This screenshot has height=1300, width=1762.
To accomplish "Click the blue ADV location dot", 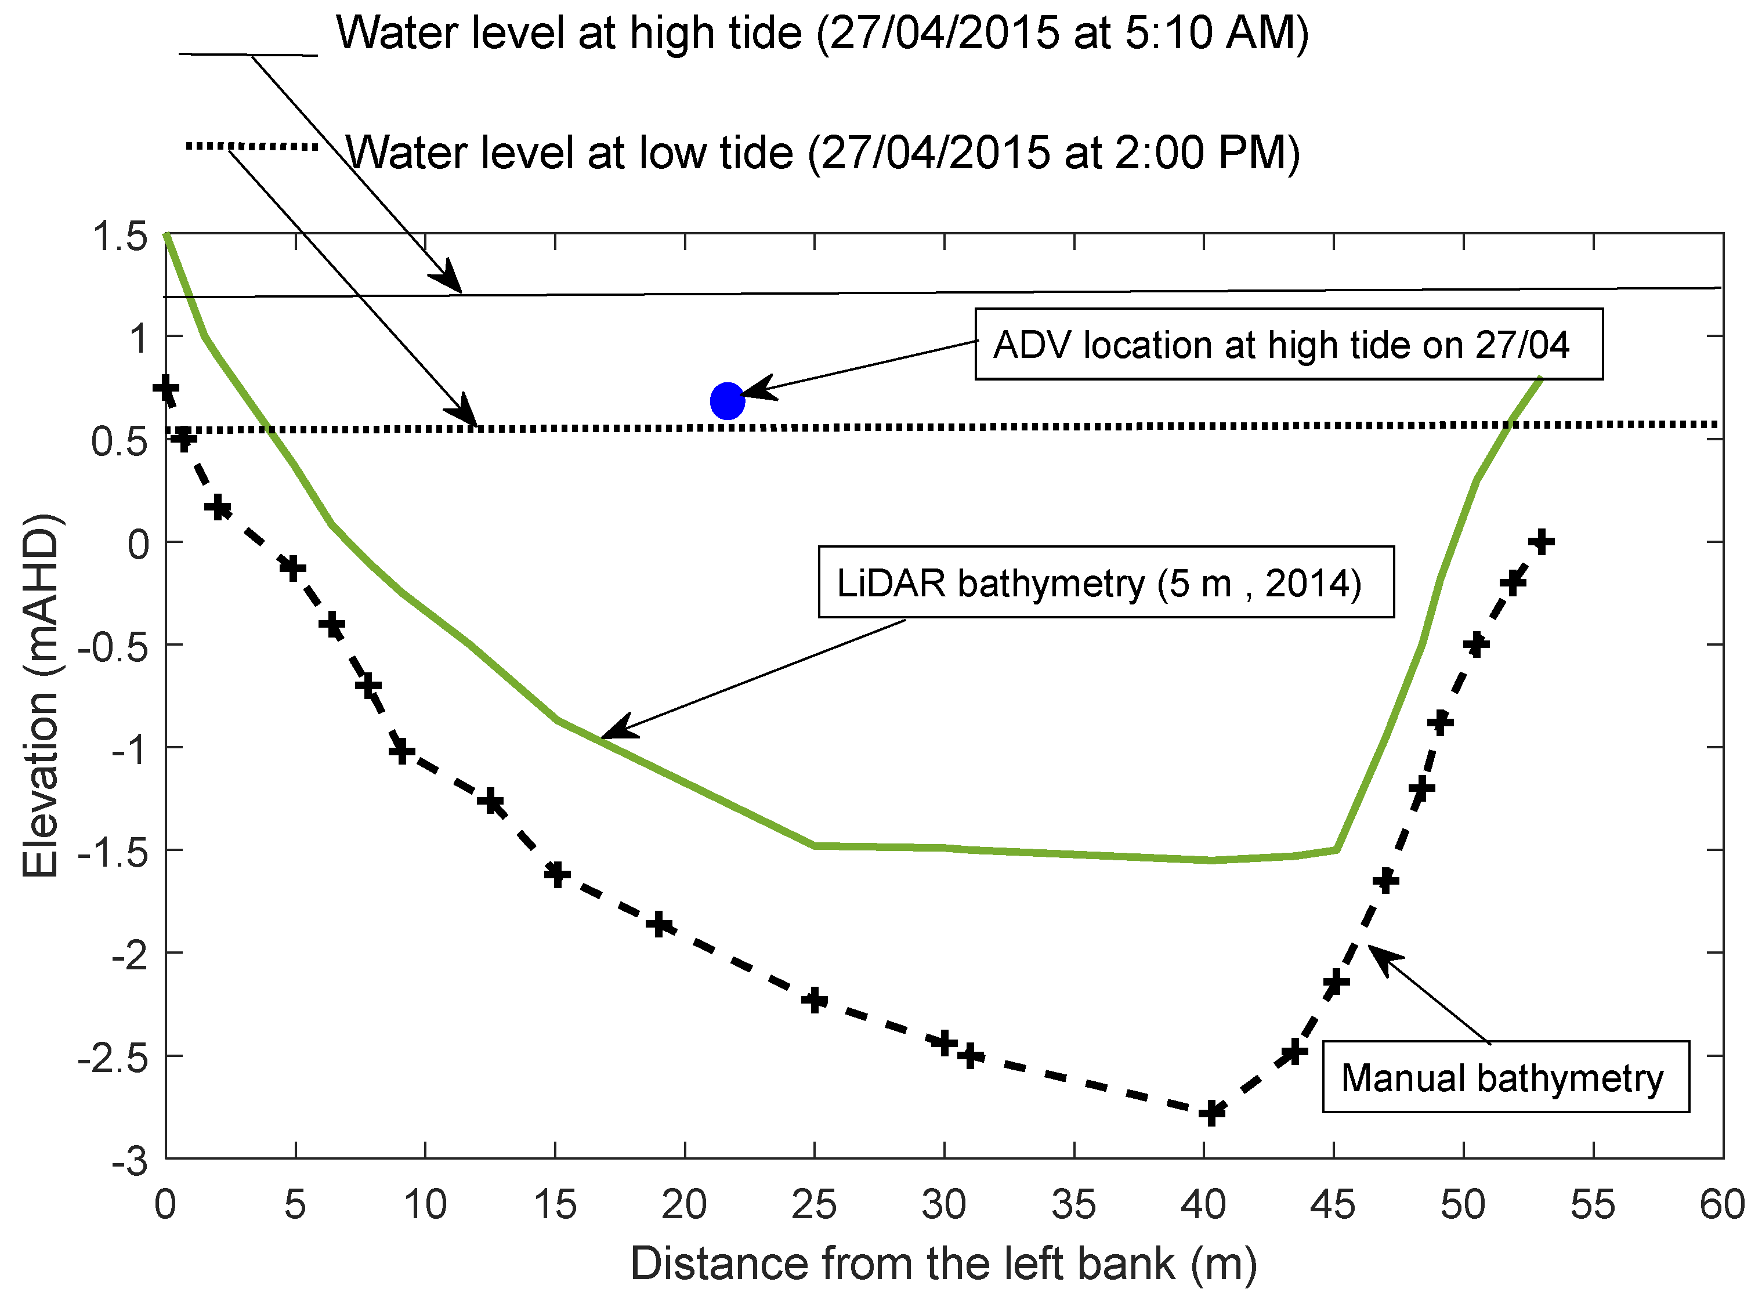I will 727,401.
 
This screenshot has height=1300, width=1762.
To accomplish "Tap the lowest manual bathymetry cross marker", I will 1212,1113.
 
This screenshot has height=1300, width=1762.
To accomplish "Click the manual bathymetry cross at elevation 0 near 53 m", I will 1542,541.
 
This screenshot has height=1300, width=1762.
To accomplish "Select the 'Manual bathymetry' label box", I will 1504,1077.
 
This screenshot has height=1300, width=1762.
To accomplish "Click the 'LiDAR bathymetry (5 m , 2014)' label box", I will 1106,582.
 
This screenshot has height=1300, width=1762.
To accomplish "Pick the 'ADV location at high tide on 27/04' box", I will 1288,345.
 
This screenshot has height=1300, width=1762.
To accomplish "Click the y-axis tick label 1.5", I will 120,236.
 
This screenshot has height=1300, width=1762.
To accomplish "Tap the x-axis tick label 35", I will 1073,1204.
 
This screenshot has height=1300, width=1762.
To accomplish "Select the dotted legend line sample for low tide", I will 252,146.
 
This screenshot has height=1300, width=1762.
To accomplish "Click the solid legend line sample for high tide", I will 248,55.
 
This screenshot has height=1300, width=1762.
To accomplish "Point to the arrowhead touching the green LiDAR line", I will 614,730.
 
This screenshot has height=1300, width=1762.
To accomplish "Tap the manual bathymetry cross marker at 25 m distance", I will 815,1000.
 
